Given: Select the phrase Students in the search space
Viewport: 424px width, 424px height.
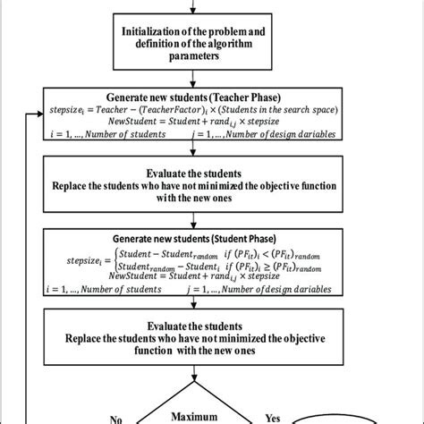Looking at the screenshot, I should (292, 108).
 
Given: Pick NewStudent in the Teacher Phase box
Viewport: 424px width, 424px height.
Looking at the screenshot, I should (131, 121).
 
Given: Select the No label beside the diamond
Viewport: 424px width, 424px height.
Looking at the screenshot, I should (115, 417).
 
